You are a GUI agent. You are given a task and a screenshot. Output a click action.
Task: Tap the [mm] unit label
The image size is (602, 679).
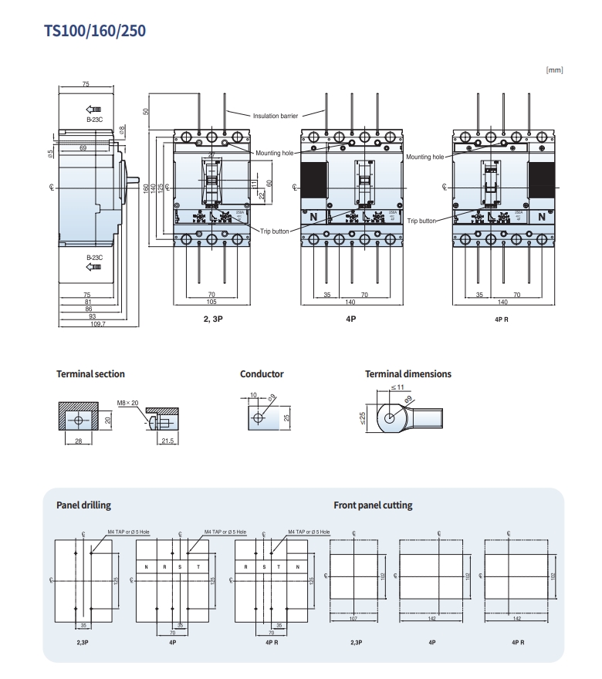click(x=554, y=70)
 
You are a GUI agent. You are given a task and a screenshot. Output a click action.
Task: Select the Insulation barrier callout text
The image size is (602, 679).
click(x=276, y=116)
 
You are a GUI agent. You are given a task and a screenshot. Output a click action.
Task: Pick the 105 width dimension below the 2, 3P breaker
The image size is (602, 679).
click(x=211, y=302)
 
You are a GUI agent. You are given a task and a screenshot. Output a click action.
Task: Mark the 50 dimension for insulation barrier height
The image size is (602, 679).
click(x=146, y=111)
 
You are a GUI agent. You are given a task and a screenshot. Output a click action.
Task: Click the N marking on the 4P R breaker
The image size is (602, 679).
click(x=542, y=218)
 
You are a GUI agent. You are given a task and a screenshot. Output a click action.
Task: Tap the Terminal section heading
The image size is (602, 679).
click(x=90, y=374)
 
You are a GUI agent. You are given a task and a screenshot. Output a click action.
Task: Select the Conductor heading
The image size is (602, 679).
click(x=262, y=374)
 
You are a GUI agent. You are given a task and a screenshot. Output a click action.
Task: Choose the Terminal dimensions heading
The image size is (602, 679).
click(x=408, y=374)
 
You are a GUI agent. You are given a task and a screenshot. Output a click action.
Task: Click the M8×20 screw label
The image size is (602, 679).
click(x=127, y=403)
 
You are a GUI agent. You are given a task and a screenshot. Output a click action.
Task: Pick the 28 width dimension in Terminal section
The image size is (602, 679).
click(x=78, y=441)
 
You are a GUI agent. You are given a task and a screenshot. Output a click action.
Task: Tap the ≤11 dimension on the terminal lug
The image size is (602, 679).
click(x=397, y=387)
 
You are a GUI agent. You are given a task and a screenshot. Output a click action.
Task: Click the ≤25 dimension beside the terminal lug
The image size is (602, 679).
click(x=363, y=419)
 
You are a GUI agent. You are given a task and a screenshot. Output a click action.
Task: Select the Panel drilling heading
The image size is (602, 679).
click(x=83, y=505)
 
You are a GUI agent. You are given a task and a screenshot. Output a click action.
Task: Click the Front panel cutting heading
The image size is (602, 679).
click(x=373, y=505)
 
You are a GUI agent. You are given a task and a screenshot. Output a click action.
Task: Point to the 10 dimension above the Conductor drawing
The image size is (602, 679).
click(x=253, y=395)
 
